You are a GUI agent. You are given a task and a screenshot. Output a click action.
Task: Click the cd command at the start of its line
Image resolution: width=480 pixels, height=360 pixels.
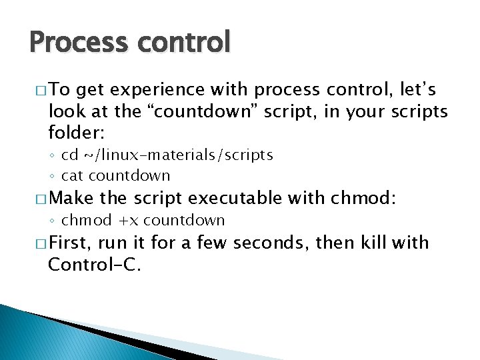coord(69,155)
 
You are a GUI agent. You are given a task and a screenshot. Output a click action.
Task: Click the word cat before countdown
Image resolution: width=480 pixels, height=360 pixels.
coord(73,176)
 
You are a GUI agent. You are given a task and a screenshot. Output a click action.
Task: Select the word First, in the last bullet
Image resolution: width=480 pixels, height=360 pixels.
coord(71,242)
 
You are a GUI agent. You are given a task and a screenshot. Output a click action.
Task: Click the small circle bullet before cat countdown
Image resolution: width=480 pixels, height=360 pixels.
coord(53,177)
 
